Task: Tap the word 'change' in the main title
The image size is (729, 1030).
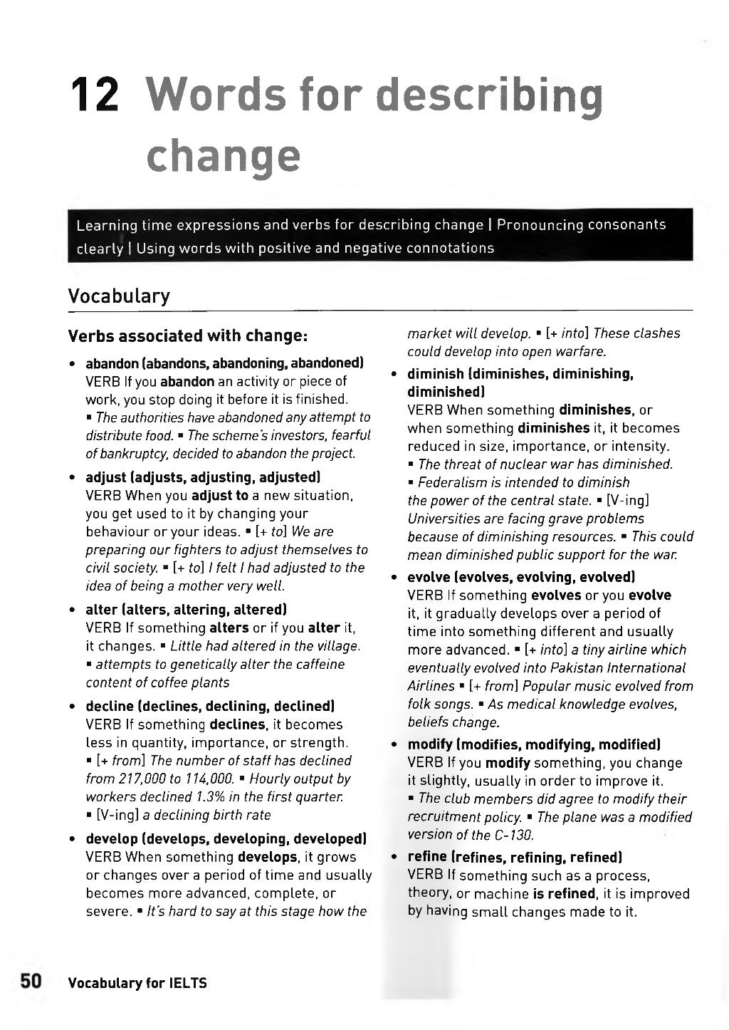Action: pos(223,157)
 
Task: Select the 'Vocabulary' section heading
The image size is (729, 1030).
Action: pos(119,296)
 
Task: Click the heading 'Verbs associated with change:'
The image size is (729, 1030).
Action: pos(187,335)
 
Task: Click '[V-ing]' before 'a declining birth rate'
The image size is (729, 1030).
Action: pos(117,815)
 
